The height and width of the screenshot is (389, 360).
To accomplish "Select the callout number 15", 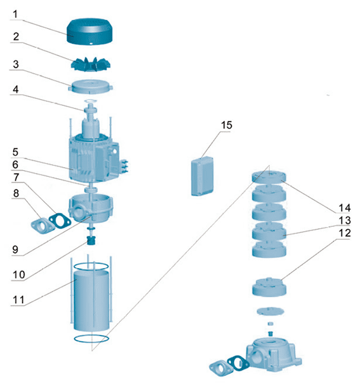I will coord(226,125).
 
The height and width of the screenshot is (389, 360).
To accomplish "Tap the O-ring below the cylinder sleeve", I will coord(91,339).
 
